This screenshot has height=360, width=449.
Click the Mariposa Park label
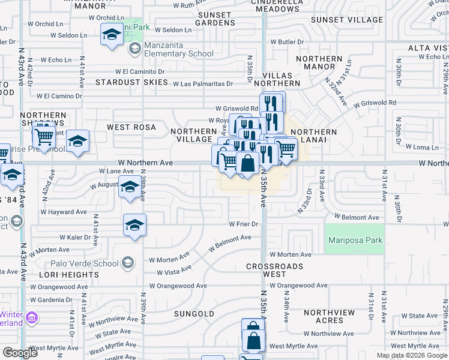pyautogui.click(x=354, y=241)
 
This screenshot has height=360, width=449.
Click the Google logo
pyautogui.click(x=20, y=353)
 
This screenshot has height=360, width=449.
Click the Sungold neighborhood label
pyautogui.click(x=194, y=314)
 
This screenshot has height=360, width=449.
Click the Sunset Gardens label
pyautogui.click(x=215, y=19)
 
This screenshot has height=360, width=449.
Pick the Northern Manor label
pyautogui.click(x=319, y=63)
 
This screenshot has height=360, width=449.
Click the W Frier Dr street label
pyautogui.click(x=243, y=224)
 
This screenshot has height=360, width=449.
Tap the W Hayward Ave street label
pyautogui.click(x=64, y=212)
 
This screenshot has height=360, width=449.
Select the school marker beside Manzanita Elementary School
pyautogui.click(x=134, y=49)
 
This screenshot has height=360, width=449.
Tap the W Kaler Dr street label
pyautogui.click(x=74, y=238)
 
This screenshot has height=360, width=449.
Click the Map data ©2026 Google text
pyautogui.click(x=412, y=355)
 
